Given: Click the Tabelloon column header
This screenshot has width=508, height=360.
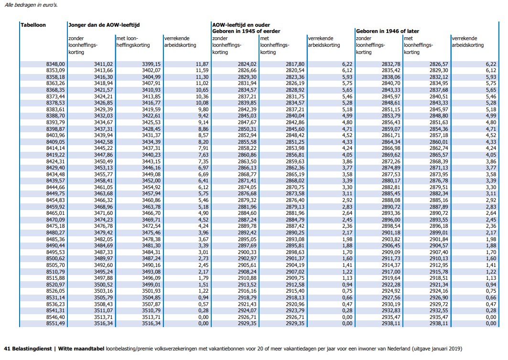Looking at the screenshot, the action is click(x=33, y=25).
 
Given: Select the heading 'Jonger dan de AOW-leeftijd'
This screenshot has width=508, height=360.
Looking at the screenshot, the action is click(x=104, y=25).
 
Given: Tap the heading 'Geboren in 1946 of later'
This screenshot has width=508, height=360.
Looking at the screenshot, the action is click(x=388, y=31).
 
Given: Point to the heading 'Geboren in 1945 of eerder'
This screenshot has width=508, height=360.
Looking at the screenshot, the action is click(x=246, y=31).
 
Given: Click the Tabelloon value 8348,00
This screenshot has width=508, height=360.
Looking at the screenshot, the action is click(x=55, y=64).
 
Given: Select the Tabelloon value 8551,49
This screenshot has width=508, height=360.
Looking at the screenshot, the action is click(x=55, y=323).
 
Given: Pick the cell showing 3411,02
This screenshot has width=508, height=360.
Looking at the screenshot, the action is click(x=103, y=64).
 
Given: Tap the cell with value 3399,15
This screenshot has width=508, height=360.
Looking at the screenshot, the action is click(x=151, y=64).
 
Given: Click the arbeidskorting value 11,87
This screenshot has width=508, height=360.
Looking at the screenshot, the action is click(x=202, y=64).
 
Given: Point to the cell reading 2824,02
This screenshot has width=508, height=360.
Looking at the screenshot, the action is click(x=247, y=64).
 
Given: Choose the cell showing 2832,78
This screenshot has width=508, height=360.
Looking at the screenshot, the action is click(x=391, y=64).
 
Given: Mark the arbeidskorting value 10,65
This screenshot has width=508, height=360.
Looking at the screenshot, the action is click(x=202, y=90).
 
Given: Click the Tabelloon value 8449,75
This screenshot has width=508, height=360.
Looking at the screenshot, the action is click(x=55, y=193).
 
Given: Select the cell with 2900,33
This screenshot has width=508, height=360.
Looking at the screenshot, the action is click(x=247, y=252).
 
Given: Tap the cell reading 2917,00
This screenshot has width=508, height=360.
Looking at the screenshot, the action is click(x=391, y=272).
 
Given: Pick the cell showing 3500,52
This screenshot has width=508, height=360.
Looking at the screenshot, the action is click(x=103, y=285).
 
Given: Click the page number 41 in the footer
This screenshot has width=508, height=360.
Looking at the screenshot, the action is click(x=7, y=349).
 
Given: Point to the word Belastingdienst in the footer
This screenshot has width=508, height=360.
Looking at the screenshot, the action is click(x=32, y=349).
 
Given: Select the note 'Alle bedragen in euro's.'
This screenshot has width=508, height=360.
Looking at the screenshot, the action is click(x=31, y=5).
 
